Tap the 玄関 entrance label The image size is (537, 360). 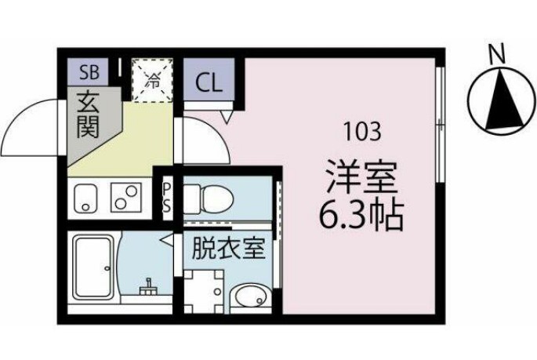coord(87,115)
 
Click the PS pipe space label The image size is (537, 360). coord(167,198)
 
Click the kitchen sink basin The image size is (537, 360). coord(84,198)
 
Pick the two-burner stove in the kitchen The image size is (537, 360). coord(126,198)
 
